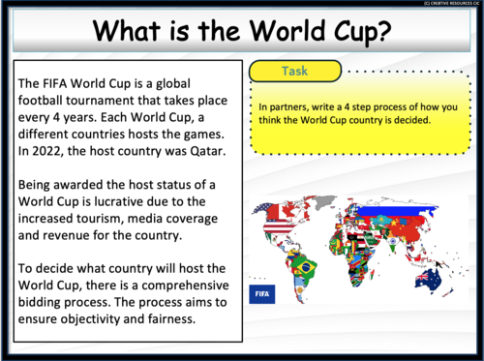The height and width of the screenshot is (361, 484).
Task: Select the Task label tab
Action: point(295,71)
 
